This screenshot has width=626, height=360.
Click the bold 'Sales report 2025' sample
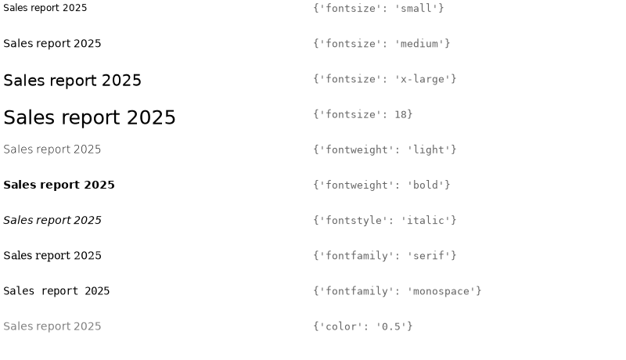coord(59,185)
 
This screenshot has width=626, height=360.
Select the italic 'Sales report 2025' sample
coord(52,221)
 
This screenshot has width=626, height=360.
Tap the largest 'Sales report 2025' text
coord(89,117)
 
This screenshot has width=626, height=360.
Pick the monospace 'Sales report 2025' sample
coord(56,291)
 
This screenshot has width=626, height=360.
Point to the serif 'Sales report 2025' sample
coord(52,255)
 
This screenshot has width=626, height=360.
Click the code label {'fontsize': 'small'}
coord(379,9)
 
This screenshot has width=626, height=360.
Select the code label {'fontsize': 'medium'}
coord(382,44)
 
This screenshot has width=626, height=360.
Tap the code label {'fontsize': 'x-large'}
coord(385,79)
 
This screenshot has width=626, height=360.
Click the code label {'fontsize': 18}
coord(363,114)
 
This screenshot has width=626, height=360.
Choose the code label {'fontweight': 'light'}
coord(385,149)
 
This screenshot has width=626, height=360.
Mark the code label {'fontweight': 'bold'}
coord(382,185)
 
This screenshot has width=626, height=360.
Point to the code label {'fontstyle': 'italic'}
coord(385,221)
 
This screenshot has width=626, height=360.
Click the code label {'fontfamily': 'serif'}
coord(385,256)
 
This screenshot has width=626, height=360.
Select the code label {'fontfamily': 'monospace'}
coord(398,291)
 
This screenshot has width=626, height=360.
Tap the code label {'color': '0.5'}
coord(363,326)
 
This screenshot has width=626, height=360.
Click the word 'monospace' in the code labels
coord(441,291)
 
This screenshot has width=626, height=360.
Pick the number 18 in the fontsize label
coord(401,114)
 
